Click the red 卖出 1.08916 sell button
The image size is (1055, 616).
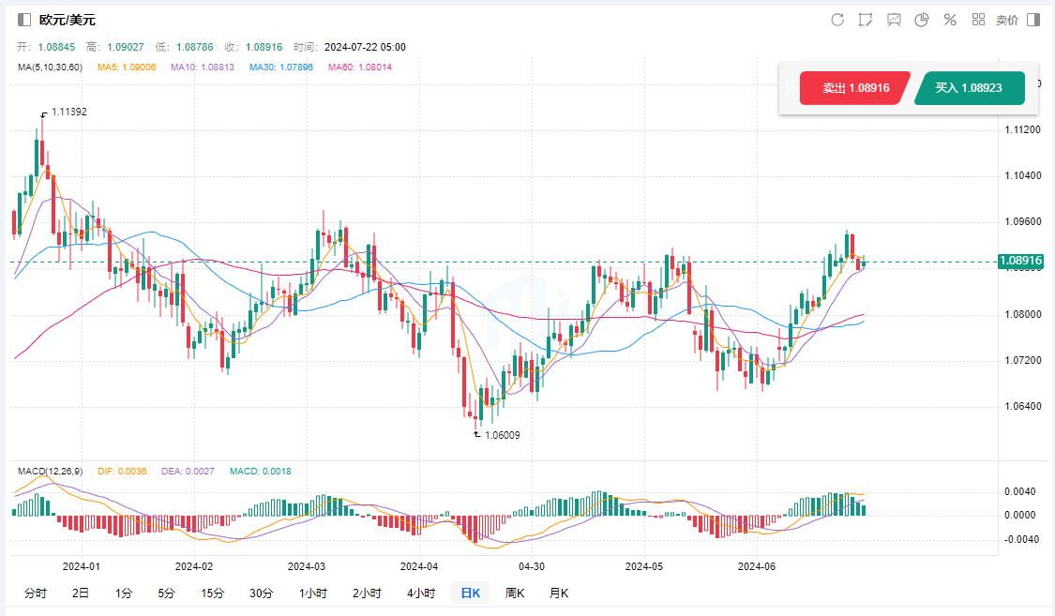[x=852, y=88]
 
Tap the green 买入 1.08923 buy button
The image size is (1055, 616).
[x=969, y=88]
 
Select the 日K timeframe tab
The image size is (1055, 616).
[x=470, y=593]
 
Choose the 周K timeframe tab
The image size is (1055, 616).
[x=515, y=593]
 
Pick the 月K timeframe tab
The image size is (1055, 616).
[x=559, y=593]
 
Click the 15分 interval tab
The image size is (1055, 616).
[x=212, y=593]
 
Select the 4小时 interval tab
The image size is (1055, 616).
[x=421, y=593]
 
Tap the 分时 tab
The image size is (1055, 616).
[x=35, y=593]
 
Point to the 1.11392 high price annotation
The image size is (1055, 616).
[x=68, y=112]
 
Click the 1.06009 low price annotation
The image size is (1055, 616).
[x=502, y=435]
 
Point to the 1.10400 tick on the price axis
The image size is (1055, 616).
[x=1020, y=175]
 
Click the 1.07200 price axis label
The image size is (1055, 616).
[x=1020, y=360]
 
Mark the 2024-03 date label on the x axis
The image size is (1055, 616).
[x=306, y=566]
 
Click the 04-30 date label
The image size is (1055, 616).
[x=532, y=566]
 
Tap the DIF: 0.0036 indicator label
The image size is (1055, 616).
[x=122, y=472]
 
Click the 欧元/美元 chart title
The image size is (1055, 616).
[x=67, y=20]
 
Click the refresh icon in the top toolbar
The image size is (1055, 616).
[x=837, y=20]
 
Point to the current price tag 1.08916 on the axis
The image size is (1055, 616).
[x=1021, y=261]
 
